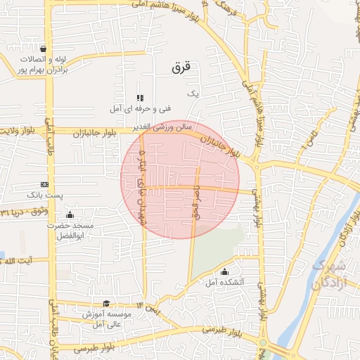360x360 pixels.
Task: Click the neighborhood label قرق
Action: point(181,68)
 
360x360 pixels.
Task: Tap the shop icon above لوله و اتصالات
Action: point(44,49)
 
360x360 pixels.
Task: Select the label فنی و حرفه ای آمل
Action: point(141,109)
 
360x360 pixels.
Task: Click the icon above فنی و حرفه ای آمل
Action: point(140,97)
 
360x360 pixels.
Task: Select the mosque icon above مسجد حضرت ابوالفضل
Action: point(69,215)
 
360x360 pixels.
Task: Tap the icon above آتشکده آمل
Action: point(224,271)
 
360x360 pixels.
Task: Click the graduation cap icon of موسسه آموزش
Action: point(106,304)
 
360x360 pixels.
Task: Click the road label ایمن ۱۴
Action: point(149,307)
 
